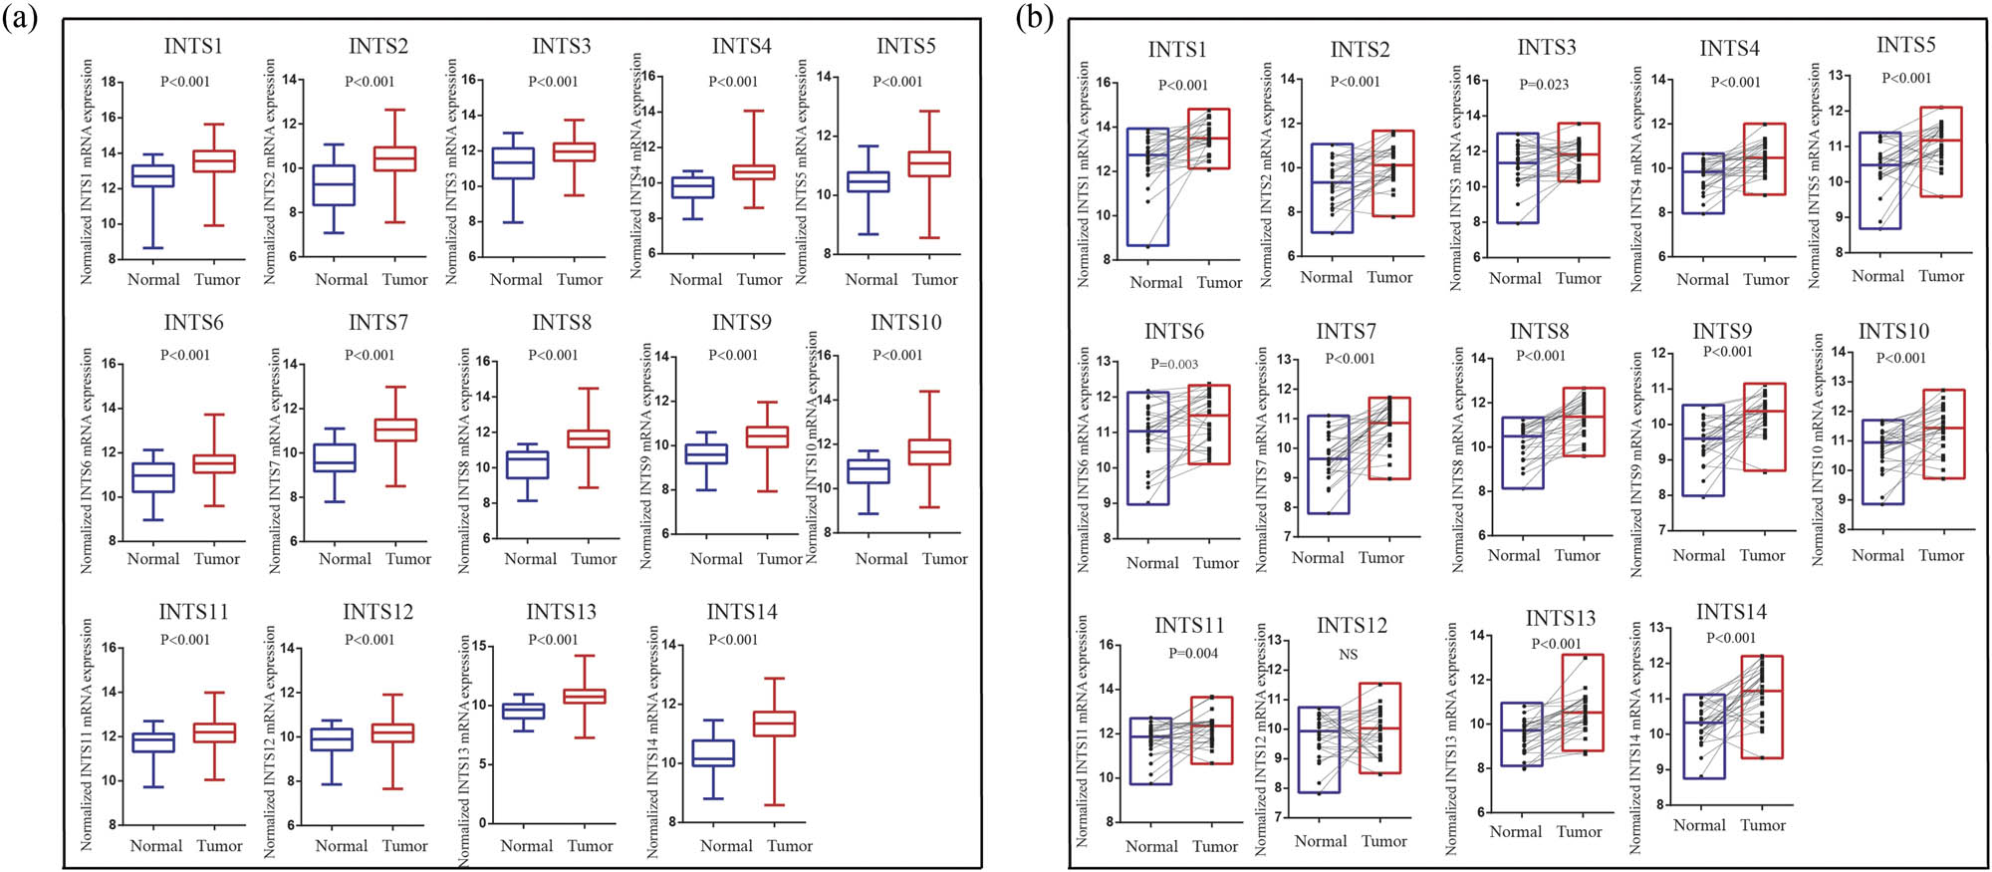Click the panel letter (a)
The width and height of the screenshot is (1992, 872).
[x=20, y=19]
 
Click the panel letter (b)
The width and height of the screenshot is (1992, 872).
[x=1035, y=19]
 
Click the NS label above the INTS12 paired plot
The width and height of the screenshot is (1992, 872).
[x=1348, y=655]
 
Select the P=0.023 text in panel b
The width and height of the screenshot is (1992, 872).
[x=1544, y=85]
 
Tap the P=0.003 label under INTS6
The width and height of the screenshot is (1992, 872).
[x=1174, y=365]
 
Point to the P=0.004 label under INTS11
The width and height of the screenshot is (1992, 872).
[x=1193, y=654]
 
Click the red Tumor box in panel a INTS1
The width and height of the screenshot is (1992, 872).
[x=214, y=161]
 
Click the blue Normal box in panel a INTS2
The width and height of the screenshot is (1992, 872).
[x=335, y=185]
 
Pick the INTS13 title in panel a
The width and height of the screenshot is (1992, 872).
[x=561, y=612]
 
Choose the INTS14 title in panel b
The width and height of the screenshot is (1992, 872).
[x=1731, y=612]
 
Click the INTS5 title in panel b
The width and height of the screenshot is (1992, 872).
[x=1905, y=46]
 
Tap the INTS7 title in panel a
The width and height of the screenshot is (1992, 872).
[x=377, y=323]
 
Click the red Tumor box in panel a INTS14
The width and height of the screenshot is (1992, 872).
[x=774, y=724]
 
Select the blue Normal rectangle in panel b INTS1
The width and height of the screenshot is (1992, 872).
[x=1148, y=186]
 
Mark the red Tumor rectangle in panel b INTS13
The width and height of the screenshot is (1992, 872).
[x=1582, y=703]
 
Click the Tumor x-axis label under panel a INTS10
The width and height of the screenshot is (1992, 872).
[x=944, y=559]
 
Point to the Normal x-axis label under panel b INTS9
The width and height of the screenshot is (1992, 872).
[x=1698, y=556]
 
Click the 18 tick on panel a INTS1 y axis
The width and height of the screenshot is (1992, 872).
[x=110, y=82]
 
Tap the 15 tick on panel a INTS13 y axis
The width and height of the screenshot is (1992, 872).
[x=478, y=646]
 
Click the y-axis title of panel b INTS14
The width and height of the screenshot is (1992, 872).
[x=1635, y=737]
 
